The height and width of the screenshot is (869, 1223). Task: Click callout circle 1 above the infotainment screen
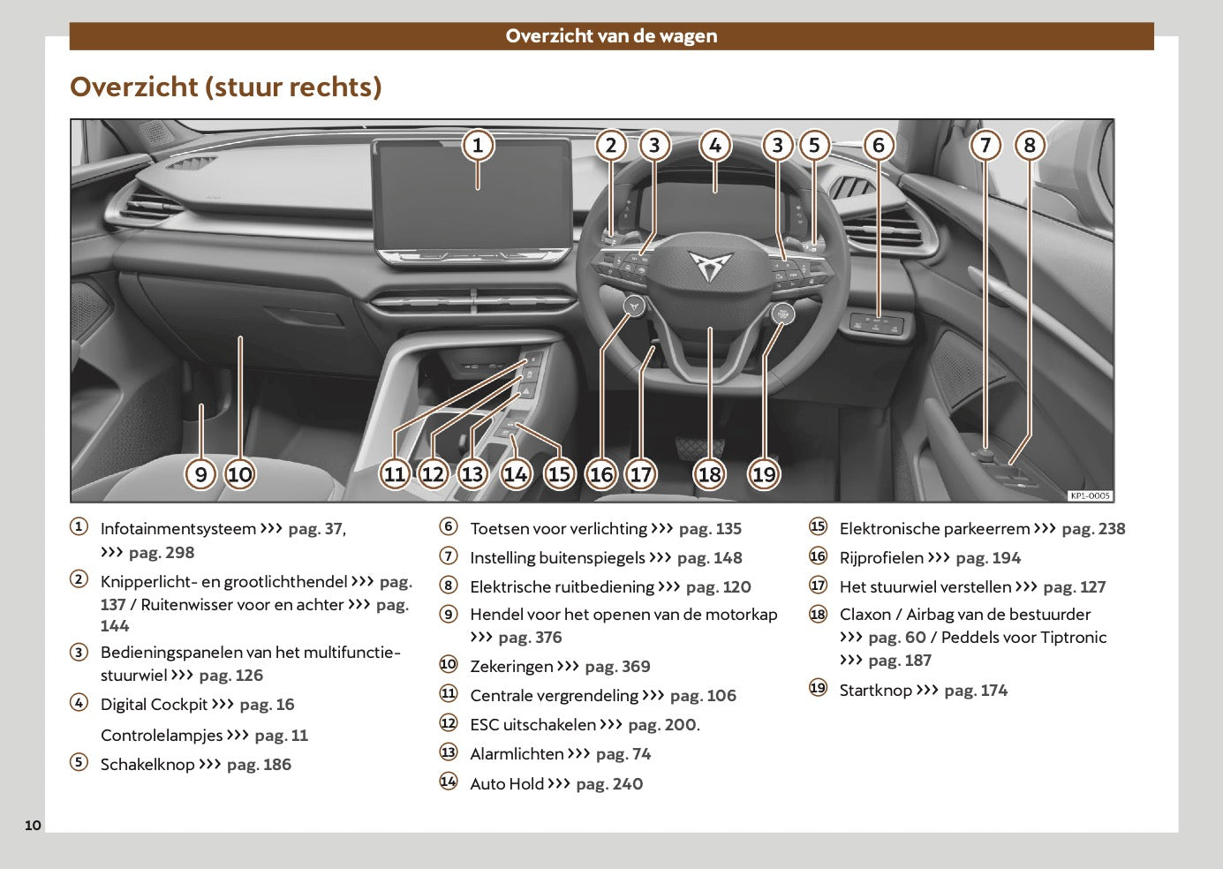coord(478,145)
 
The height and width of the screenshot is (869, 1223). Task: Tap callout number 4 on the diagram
coord(714,146)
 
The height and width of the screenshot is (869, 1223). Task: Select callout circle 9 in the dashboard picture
coord(201,474)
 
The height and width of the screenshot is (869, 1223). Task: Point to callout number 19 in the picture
coord(764,474)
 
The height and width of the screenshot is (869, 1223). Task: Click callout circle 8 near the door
coord(1030,145)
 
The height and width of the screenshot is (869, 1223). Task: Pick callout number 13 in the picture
coord(472,474)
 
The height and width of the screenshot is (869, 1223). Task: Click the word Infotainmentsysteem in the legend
coord(178,529)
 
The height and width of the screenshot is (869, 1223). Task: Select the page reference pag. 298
coord(162,553)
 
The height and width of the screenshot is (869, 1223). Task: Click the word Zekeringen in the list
coord(511,667)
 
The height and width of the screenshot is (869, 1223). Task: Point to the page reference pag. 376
coord(530,638)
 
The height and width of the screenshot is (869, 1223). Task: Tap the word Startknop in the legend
coord(875,691)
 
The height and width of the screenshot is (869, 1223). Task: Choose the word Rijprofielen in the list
coord(881,558)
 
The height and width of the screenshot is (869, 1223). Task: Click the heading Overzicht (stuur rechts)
coord(226,87)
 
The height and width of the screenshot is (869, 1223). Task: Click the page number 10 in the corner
coord(33,826)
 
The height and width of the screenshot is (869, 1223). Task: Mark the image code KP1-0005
coord(1090,496)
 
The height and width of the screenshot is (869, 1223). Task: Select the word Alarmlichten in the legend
coord(517,754)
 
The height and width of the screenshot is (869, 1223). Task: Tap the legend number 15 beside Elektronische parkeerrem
coord(819,527)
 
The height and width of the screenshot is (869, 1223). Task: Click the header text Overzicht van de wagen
coord(611,36)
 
